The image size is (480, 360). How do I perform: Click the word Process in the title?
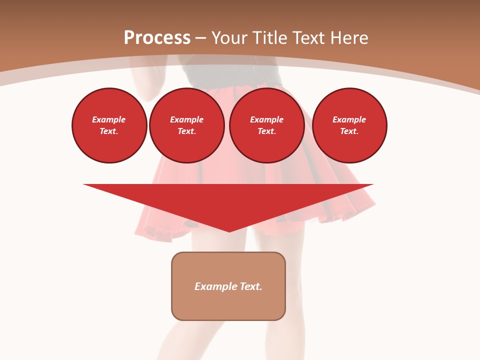157,38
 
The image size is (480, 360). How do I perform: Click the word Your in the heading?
231,38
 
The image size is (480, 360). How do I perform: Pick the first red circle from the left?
109,125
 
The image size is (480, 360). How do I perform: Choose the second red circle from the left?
187,125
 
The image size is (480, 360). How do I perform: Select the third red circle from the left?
267,125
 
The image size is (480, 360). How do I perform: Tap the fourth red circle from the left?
349,125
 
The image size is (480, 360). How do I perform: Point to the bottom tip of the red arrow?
229,231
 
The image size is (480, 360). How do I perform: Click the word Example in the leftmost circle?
109,119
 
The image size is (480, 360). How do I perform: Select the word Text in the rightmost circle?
349,131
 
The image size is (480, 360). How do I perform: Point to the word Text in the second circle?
186,131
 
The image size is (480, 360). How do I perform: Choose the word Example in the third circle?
266,119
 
